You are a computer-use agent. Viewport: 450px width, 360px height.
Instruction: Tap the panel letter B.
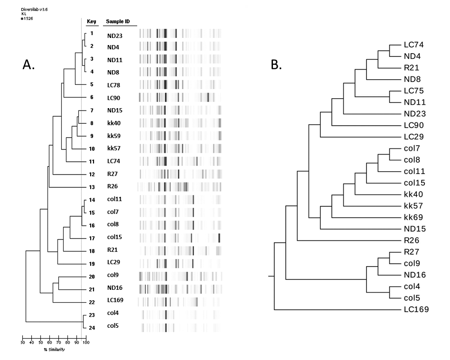[x=276, y=65]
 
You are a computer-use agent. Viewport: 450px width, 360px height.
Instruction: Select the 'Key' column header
[x=91, y=21]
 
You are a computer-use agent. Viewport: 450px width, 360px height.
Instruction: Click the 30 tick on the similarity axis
[x=22, y=342]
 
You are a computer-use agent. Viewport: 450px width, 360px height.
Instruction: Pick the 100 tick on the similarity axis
[x=86, y=342]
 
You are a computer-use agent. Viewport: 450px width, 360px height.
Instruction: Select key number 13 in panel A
[x=92, y=186]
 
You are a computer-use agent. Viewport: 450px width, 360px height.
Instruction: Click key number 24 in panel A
[x=92, y=326]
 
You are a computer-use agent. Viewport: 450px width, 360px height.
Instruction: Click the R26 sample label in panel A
[x=112, y=186]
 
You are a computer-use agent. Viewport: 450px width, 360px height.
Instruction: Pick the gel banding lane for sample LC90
[x=180, y=97]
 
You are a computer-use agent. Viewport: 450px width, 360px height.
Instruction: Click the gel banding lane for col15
[x=180, y=237]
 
